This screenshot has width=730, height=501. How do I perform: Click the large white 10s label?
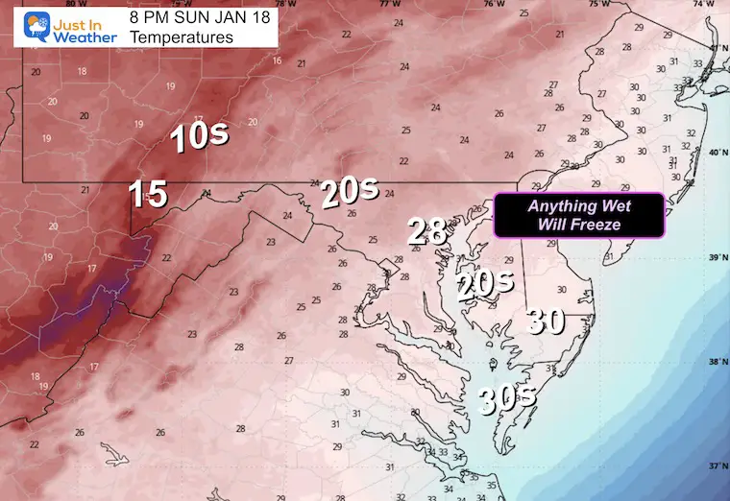coord(200,137)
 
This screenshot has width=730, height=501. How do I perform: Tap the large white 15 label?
coord(148,196)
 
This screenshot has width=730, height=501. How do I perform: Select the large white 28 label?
coord(427,230)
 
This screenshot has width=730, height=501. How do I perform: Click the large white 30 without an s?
coord(546,322)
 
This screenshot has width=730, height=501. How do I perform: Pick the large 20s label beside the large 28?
coord(485,285)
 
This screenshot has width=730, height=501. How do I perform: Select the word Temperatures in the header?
coord(182,38)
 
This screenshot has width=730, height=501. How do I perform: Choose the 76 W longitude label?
coord(493,5)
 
